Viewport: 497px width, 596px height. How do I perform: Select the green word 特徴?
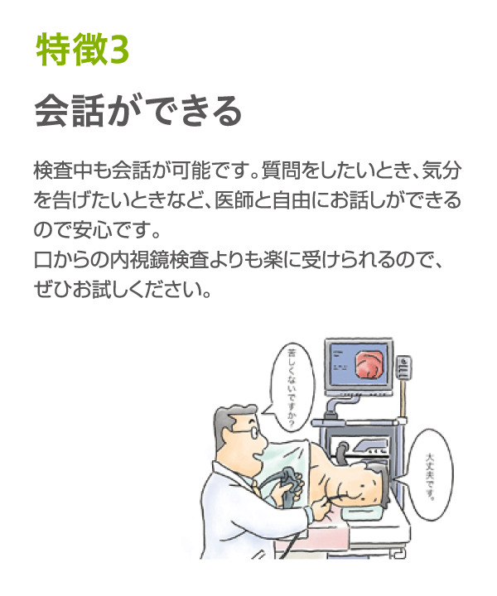70,50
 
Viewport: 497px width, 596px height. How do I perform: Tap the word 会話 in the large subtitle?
69,111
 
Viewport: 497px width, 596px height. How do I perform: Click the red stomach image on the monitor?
368,364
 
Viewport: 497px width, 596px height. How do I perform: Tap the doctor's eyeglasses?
246,432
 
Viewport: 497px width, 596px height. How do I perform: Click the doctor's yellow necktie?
257,488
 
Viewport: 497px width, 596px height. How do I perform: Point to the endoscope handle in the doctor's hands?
288,486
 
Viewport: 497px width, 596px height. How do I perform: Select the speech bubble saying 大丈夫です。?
430,475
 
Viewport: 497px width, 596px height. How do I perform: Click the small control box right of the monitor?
403,368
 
